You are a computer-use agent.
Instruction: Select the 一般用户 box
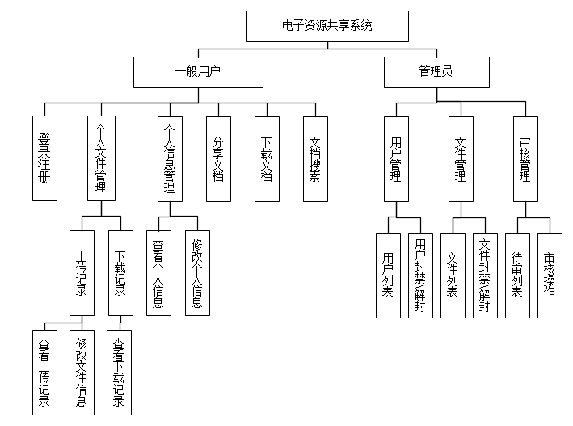(198, 71)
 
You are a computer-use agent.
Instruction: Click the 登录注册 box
(44, 158)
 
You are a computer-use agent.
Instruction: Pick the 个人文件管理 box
(101, 158)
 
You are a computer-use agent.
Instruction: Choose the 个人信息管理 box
(170, 158)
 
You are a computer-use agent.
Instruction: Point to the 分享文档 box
(217, 158)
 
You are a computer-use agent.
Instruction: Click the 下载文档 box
(267, 158)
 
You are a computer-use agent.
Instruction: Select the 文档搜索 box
(316, 158)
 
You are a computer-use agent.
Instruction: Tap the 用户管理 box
(396, 158)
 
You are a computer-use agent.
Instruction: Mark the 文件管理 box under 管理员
(461, 158)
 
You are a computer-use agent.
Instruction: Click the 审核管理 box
(525, 158)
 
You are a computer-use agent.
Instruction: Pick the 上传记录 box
(82, 273)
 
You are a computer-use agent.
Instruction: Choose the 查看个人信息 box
(158, 273)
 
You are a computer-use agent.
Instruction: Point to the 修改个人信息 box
(197, 273)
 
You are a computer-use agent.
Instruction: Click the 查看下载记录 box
(119, 373)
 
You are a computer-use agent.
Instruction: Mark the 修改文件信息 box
(82, 373)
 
